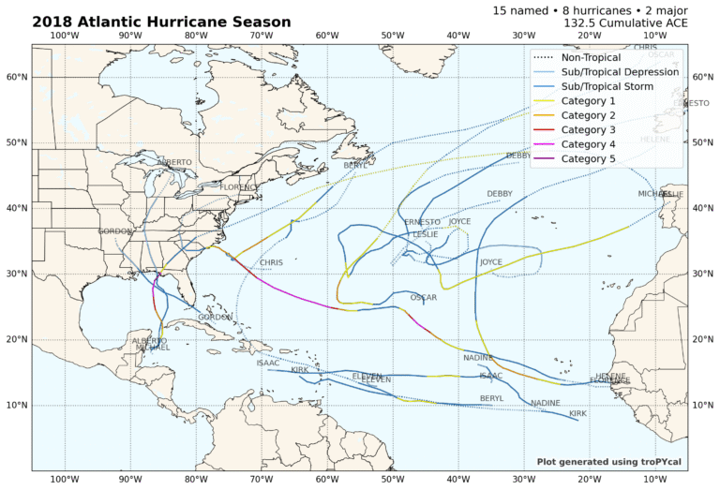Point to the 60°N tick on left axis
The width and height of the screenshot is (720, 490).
click(16, 77)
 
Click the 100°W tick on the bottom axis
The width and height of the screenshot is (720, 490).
click(65, 480)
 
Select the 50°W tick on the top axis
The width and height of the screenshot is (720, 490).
click(393, 36)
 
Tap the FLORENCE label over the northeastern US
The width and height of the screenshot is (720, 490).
click(239, 187)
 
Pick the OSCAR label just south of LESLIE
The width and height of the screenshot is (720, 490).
click(423, 298)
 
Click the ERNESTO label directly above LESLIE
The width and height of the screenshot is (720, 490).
click(422, 222)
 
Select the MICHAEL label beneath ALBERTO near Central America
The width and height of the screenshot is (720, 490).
click(153, 348)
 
